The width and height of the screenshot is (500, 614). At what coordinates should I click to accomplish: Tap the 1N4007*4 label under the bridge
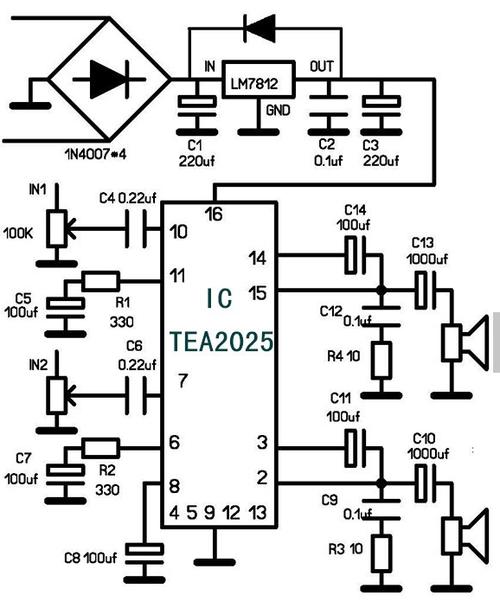click(95, 154)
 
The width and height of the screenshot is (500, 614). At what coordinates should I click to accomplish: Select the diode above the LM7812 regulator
click(259, 28)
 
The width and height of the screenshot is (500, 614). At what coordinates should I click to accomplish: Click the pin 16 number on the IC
click(214, 214)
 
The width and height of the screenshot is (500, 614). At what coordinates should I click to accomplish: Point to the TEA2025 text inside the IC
click(221, 341)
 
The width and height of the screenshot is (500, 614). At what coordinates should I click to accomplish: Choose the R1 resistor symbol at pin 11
click(101, 282)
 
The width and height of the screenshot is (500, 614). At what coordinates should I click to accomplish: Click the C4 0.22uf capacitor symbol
click(136, 229)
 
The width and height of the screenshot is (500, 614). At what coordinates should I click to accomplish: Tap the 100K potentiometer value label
click(18, 234)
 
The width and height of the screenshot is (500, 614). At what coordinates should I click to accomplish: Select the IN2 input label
click(38, 365)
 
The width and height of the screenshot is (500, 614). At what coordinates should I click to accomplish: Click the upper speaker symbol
click(466, 343)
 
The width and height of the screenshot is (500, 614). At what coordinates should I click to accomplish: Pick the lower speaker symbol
click(466, 536)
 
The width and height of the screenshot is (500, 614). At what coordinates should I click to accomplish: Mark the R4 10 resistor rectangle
click(381, 360)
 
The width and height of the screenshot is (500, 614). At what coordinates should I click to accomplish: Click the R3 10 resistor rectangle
click(381, 553)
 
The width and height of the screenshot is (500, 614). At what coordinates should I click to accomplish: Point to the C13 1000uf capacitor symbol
click(426, 291)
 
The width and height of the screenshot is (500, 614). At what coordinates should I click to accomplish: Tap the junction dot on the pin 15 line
click(381, 291)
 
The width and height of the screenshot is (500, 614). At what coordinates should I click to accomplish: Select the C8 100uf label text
click(90, 558)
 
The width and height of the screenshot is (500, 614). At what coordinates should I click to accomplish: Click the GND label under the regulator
click(278, 110)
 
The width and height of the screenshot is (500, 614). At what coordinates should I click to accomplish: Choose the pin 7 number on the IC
click(183, 381)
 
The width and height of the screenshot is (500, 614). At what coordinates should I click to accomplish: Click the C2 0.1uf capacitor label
click(328, 152)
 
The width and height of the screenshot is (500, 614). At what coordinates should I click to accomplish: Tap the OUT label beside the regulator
click(321, 66)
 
